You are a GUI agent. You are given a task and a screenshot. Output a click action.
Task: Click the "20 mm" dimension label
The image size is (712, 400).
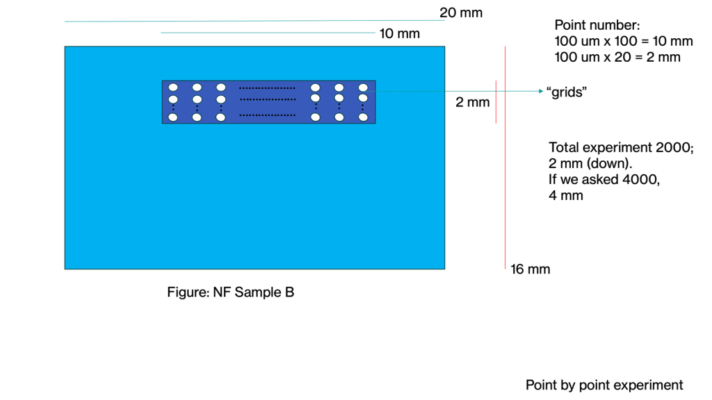click(x=461, y=12)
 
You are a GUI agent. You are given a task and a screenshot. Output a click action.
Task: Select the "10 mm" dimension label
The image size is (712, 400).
click(x=400, y=33)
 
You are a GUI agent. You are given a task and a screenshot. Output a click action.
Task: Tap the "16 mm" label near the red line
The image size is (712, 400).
click(x=531, y=269)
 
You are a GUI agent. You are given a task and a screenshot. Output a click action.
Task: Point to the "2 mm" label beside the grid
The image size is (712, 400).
click(x=473, y=103)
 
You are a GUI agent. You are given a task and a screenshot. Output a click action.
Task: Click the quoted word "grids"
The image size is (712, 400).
click(x=564, y=92)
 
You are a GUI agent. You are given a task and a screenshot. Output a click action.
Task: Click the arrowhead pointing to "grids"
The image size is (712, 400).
click(x=540, y=91)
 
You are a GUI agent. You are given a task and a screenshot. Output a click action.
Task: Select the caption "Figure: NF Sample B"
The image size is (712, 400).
click(x=231, y=292)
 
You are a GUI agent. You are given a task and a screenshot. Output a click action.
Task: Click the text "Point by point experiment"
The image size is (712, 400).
click(x=604, y=385)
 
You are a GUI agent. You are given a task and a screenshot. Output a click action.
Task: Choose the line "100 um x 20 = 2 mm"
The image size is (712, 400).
click(x=617, y=58)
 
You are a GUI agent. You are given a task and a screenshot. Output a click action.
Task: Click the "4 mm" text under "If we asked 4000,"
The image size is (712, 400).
click(x=566, y=196)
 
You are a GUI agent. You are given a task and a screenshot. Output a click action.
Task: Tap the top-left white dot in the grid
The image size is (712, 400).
click(x=174, y=87)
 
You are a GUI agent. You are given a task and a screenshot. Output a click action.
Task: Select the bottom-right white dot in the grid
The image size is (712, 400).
click(x=363, y=117)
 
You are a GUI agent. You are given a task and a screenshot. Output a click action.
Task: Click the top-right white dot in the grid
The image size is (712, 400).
click(x=363, y=87)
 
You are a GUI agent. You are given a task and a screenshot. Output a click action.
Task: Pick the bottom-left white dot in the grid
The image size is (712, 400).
click(x=174, y=117)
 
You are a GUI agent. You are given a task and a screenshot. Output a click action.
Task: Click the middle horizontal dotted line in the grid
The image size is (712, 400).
click(x=267, y=101)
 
